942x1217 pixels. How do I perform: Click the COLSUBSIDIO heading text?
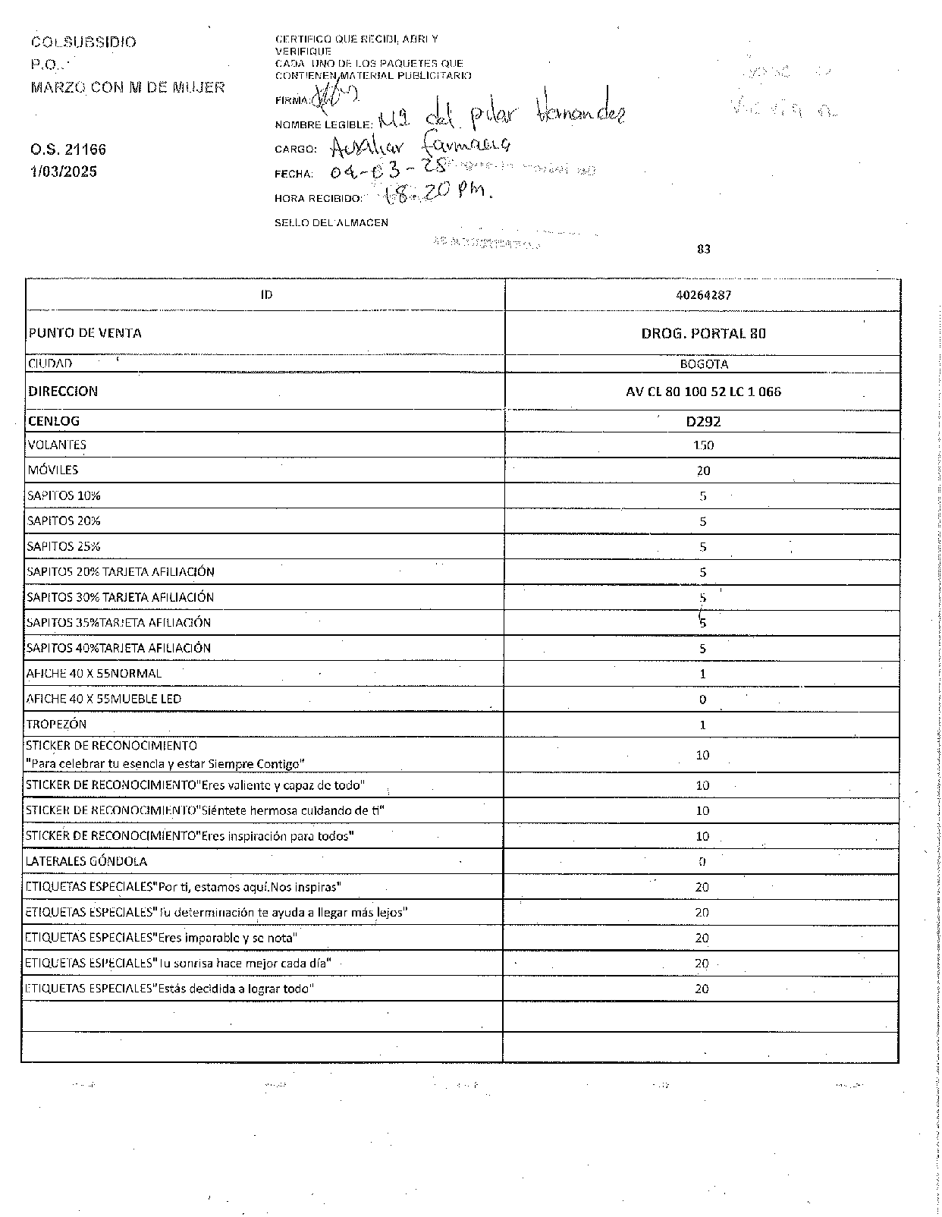tap(83, 42)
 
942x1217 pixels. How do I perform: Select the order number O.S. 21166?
tap(68, 149)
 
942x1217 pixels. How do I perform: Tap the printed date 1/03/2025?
tap(64, 171)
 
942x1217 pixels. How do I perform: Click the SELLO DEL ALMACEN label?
tap(331, 223)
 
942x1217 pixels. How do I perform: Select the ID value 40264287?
tap(703, 295)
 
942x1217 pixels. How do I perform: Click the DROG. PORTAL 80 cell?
tap(703, 333)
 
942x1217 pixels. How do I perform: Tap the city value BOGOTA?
tap(703, 364)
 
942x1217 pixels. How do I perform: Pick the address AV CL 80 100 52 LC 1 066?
tap(703, 392)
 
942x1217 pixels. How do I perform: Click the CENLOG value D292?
tap(703, 421)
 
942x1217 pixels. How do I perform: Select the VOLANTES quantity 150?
tap(703, 445)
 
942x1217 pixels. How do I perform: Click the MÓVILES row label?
tap(52, 470)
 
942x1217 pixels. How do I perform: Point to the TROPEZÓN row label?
tap(56, 724)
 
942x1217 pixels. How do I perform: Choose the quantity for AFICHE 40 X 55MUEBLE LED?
tap(702, 700)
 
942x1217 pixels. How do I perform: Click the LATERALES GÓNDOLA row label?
tap(86, 861)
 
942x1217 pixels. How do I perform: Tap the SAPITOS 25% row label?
tap(64, 546)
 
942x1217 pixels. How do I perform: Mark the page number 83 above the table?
tap(703, 249)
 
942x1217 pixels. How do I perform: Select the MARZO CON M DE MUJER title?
tap(127, 87)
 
